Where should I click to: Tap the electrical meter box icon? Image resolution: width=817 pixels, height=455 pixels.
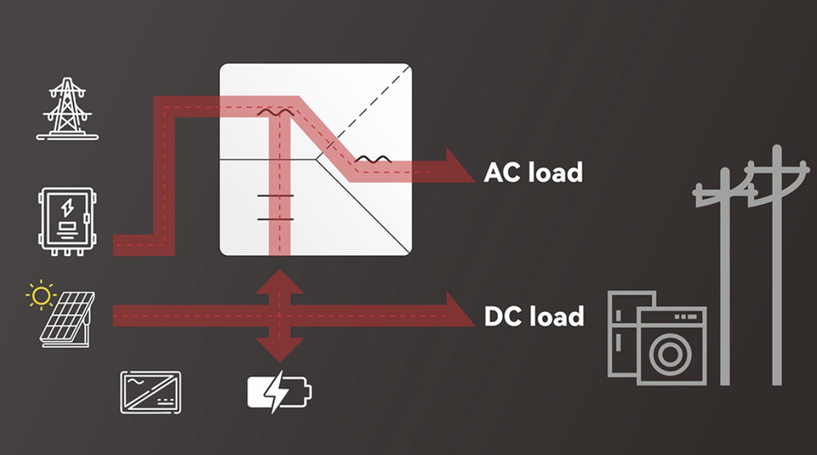(x=67, y=221)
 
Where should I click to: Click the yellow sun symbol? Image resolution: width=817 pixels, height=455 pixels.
(x=41, y=295)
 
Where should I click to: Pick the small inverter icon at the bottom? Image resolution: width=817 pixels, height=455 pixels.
(x=151, y=392)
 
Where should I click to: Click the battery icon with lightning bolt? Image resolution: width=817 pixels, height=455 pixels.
(x=279, y=392)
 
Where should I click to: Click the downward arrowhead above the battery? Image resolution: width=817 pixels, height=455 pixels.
(x=279, y=349)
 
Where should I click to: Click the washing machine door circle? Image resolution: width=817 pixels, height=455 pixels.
(x=671, y=354)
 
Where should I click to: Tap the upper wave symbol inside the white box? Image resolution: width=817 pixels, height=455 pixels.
(x=276, y=113)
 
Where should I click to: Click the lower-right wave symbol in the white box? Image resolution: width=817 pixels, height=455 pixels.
(x=372, y=159)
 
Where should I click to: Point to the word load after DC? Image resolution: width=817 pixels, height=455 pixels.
(x=559, y=316)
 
